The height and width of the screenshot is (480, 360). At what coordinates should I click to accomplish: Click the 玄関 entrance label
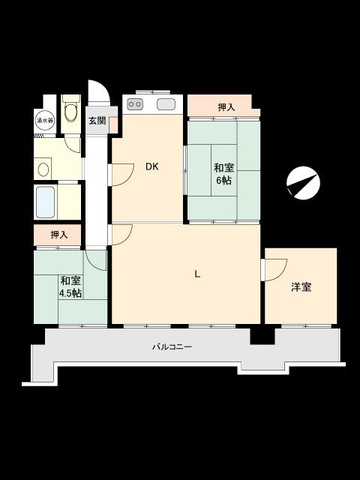tap(97, 120)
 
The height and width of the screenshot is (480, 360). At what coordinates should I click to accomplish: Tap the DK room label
tap(151, 166)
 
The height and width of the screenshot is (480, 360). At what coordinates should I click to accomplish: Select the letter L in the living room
tap(198, 274)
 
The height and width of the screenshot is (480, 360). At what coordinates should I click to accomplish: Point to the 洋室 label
tap(301, 287)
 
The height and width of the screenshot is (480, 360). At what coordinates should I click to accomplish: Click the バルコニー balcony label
tap(172, 347)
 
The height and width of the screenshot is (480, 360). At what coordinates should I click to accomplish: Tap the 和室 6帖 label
tap(223, 174)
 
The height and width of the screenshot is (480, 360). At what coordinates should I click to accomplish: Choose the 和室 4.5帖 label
tap(70, 286)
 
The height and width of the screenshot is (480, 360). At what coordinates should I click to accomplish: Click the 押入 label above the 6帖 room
tap(226, 107)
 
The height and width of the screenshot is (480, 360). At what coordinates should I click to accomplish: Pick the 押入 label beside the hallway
tap(59, 235)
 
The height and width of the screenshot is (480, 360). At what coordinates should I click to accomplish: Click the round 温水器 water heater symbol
tap(45, 121)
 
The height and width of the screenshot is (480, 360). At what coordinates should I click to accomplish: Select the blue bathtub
tap(46, 202)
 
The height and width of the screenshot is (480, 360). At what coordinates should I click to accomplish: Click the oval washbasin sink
tap(43, 169)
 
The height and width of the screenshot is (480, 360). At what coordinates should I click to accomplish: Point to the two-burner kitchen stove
tap(135, 104)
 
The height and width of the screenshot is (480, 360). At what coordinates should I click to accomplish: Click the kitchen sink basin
tap(166, 104)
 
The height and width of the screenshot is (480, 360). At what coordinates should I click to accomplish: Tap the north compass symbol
tap(303, 183)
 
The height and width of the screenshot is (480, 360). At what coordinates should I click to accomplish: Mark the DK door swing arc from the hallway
tap(128, 181)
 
